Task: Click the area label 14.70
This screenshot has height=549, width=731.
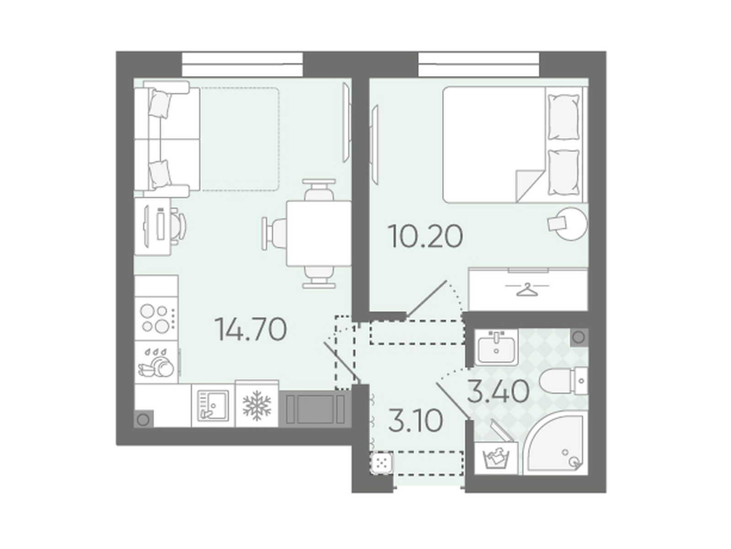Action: (251, 329)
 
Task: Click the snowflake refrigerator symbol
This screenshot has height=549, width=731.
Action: (257, 405)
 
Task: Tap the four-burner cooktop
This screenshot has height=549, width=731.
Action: (157, 318)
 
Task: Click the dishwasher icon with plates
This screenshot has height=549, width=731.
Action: (156, 362)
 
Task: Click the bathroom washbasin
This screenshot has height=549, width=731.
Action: (496, 346)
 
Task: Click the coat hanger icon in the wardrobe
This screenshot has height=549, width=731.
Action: (527, 289)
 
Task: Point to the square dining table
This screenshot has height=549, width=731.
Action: (319, 233)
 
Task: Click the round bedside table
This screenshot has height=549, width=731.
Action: (572, 224)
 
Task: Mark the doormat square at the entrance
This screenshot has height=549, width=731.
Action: (381, 463)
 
